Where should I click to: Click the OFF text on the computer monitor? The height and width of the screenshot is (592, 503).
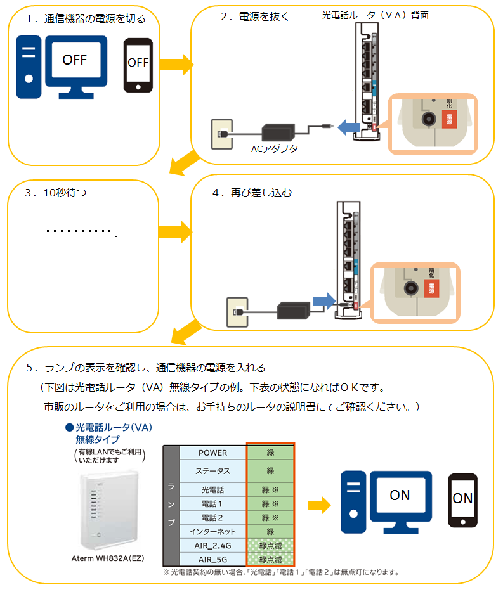point(74,60)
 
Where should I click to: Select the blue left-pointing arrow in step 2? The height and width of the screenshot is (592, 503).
point(347,127)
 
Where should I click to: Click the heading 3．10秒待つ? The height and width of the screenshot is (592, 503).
point(56,193)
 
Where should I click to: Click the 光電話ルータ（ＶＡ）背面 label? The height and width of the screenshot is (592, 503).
point(375,15)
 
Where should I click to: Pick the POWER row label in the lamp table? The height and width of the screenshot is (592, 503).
point(212,453)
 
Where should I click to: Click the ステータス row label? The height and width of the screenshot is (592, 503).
point(212,471)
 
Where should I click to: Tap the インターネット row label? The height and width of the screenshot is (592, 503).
point(212,531)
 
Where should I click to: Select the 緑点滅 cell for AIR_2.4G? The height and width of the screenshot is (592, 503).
point(270,545)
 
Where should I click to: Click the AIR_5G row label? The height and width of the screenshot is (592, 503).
point(212,559)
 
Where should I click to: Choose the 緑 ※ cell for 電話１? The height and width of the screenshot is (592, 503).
point(270,504)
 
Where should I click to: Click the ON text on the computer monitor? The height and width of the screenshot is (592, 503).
point(400,495)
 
